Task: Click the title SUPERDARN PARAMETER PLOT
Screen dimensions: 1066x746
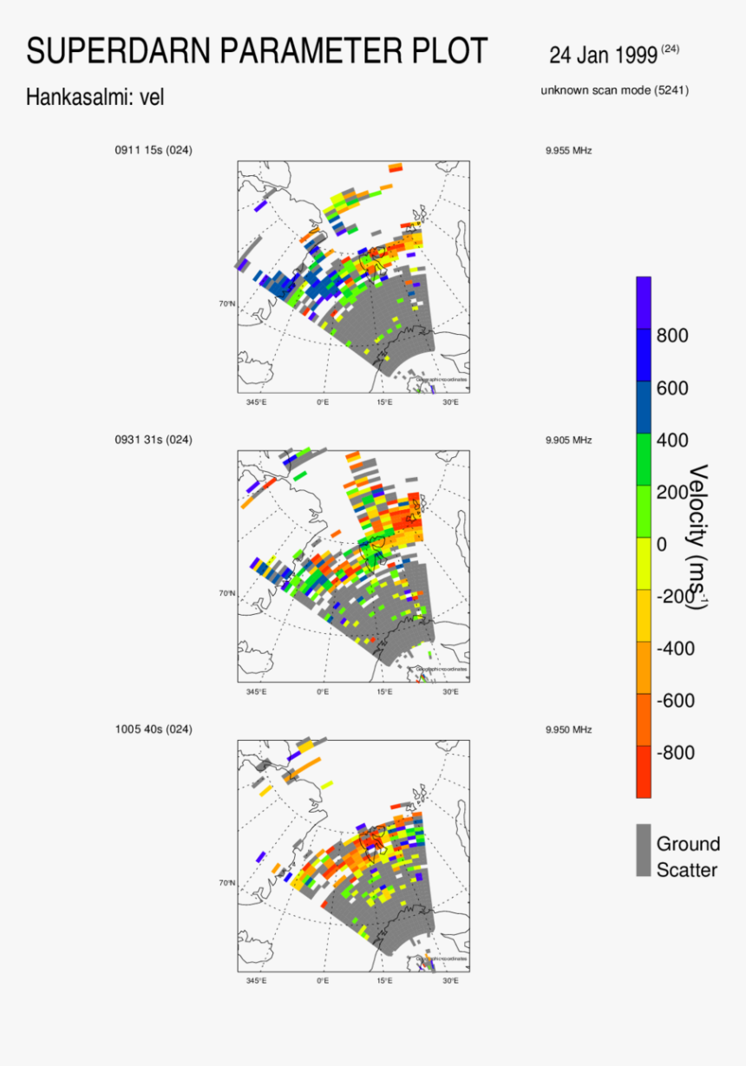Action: pos(257,51)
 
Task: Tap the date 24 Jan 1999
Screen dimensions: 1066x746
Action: pos(603,56)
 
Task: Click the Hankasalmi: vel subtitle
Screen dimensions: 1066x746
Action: pos(95,98)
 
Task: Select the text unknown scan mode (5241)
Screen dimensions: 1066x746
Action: pos(614,90)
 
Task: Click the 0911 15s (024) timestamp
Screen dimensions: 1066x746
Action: pos(154,150)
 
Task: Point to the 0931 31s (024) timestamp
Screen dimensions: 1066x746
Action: pos(154,440)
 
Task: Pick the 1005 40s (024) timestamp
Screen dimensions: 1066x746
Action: pos(154,729)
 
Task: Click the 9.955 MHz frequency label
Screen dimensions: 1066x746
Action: pos(568,151)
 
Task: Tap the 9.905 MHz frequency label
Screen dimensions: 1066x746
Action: pos(568,440)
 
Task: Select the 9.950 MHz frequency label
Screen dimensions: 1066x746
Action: pos(568,729)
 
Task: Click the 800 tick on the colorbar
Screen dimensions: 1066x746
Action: pos(673,336)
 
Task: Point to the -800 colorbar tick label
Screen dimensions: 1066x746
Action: pos(676,753)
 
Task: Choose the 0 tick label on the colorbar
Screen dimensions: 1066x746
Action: pos(662,545)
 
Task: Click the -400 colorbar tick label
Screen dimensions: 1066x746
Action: pos(676,649)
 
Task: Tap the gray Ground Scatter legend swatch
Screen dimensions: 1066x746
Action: pos(644,850)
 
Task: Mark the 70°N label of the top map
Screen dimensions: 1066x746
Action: pos(227,304)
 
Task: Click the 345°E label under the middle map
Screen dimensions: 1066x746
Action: pos(257,691)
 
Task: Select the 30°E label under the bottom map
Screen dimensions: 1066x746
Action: pos(451,981)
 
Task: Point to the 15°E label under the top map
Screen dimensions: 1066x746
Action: pos(385,402)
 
